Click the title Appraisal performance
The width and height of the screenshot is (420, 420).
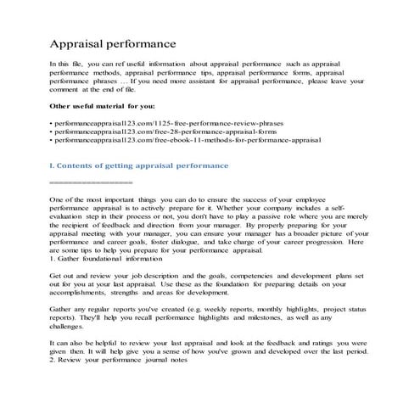[113, 42]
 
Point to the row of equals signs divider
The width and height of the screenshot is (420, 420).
[92, 182]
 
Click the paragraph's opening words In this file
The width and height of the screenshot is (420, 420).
[64, 64]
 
